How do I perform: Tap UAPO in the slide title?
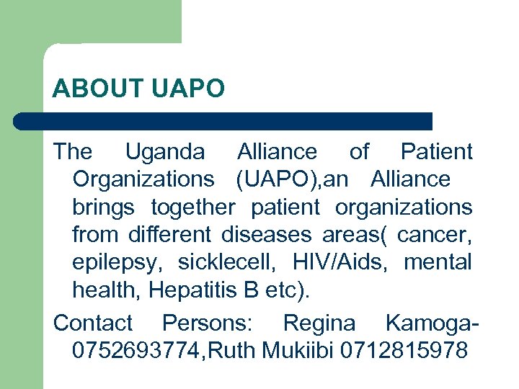[188, 89]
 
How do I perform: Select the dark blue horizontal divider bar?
[223, 121]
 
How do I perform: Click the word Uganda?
[164, 152]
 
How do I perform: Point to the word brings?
[103, 207]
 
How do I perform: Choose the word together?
[192, 207]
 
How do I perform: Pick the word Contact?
[93, 323]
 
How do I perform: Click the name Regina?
[319, 323]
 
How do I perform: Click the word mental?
[438, 262]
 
